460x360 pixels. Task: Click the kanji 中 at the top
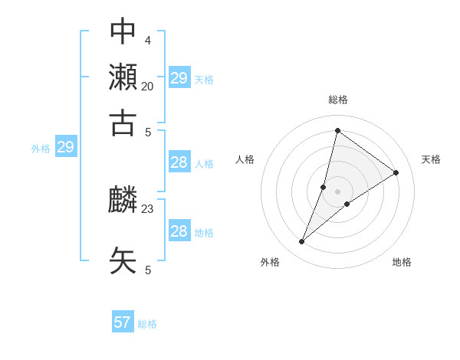click(x=123, y=31)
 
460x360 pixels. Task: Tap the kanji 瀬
click(x=123, y=77)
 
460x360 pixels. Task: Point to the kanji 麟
click(x=123, y=201)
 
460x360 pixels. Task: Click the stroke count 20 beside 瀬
click(x=147, y=86)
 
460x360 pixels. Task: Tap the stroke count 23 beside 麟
click(x=147, y=208)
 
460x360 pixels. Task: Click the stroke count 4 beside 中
click(x=147, y=40)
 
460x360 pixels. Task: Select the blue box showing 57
click(x=123, y=322)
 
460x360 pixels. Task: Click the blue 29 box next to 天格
click(x=179, y=78)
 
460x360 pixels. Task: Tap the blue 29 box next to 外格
click(x=65, y=147)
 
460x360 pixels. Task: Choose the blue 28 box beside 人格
click(x=179, y=162)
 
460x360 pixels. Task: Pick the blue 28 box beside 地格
click(x=179, y=231)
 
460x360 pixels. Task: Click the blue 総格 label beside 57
click(x=147, y=324)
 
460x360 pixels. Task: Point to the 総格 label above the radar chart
click(x=337, y=100)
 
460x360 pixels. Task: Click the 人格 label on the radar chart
click(x=245, y=159)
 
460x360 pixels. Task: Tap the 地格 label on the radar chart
click(x=402, y=262)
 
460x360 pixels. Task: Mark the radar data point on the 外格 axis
click(x=302, y=242)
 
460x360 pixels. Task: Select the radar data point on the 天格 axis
click(x=396, y=172)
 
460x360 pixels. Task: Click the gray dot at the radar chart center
click(x=337, y=191)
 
